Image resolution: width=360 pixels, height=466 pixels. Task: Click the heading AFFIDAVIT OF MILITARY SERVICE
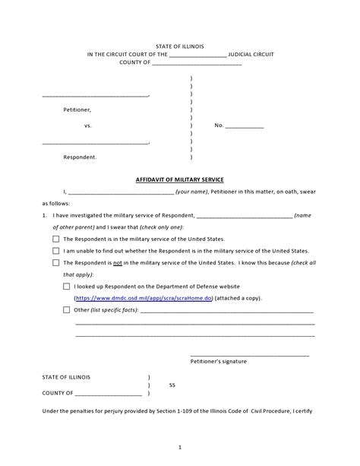pyautogui.click(x=180, y=179)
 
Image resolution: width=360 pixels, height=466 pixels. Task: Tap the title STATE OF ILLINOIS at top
pyautogui.click(x=180, y=46)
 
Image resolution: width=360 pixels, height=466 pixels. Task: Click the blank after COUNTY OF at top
pyautogui.click(x=197, y=64)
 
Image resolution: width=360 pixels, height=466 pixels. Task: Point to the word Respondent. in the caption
pyautogui.click(x=80, y=157)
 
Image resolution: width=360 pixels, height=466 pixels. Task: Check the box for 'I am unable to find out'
pyautogui.click(x=55, y=251)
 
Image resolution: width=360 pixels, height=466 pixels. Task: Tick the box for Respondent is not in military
pyautogui.click(x=55, y=263)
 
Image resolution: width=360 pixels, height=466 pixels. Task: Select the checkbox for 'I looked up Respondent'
pyautogui.click(x=67, y=287)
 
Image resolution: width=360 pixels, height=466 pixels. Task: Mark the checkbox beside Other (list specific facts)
pyautogui.click(x=67, y=310)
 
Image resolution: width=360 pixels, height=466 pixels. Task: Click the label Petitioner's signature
pyautogui.click(x=218, y=361)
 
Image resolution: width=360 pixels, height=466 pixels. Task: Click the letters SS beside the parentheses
pyautogui.click(x=172, y=385)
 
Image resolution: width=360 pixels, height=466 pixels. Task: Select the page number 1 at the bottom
pyautogui.click(x=180, y=446)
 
